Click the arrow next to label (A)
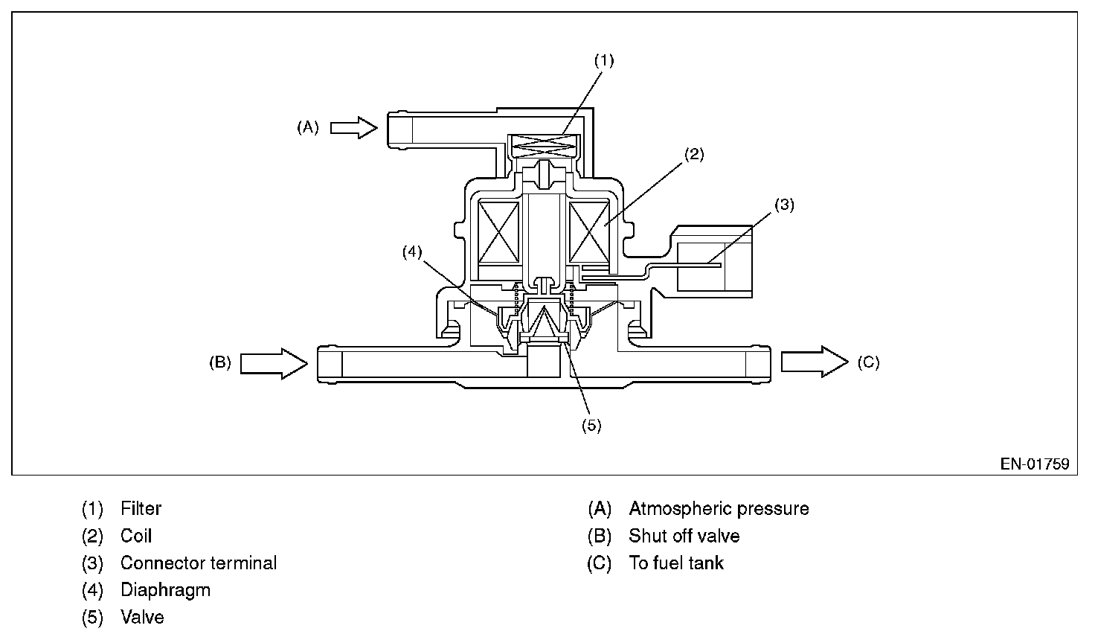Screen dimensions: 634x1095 click(x=354, y=128)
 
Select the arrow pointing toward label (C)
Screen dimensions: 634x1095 click(x=814, y=362)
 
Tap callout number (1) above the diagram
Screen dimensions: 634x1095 click(x=604, y=61)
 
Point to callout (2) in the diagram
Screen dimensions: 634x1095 click(x=693, y=155)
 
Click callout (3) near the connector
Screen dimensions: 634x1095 click(x=784, y=205)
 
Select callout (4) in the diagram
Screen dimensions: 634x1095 click(x=412, y=252)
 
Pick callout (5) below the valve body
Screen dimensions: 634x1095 click(x=591, y=426)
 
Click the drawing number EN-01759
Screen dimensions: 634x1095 click(x=1034, y=464)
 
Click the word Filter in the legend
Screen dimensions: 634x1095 click(x=141, y=509)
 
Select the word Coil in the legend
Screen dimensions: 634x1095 click(x=136, y=536)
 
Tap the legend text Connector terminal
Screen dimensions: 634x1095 click(x=198, y=563)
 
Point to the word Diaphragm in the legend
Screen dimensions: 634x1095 click(x=165, y=590)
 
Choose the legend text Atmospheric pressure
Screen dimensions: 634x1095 click(x=719, y=509)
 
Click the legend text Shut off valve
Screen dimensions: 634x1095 click(x=684, y=536)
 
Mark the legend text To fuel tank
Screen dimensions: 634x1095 click(x=675, y=563)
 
